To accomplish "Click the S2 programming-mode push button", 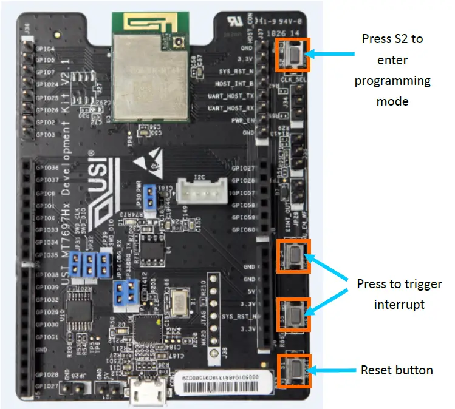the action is tap(293, 56).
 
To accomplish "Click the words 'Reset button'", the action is tap(397, 370).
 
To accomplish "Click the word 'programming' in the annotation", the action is tap(392, 80).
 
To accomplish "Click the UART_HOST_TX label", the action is tap(231, 96).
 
